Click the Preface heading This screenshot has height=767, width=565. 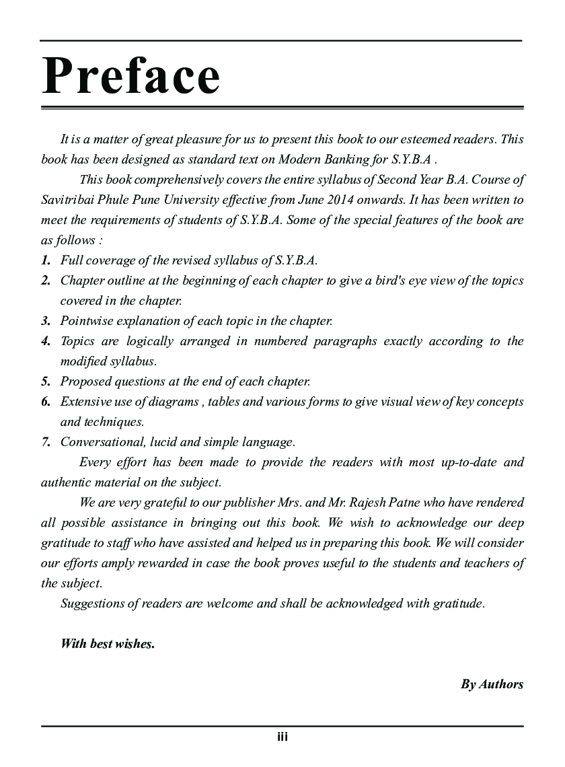point(131,76)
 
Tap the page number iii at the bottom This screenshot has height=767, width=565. point(282,737)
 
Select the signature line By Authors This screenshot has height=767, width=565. point(492,684)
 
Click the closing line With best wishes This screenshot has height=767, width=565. point(108,644)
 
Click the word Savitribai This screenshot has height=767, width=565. point(68,200)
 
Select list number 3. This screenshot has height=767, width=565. point(46,321)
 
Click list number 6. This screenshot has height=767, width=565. point(46,402)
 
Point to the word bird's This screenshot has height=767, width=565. point(383,281)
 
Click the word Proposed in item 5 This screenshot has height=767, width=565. point(85,381)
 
